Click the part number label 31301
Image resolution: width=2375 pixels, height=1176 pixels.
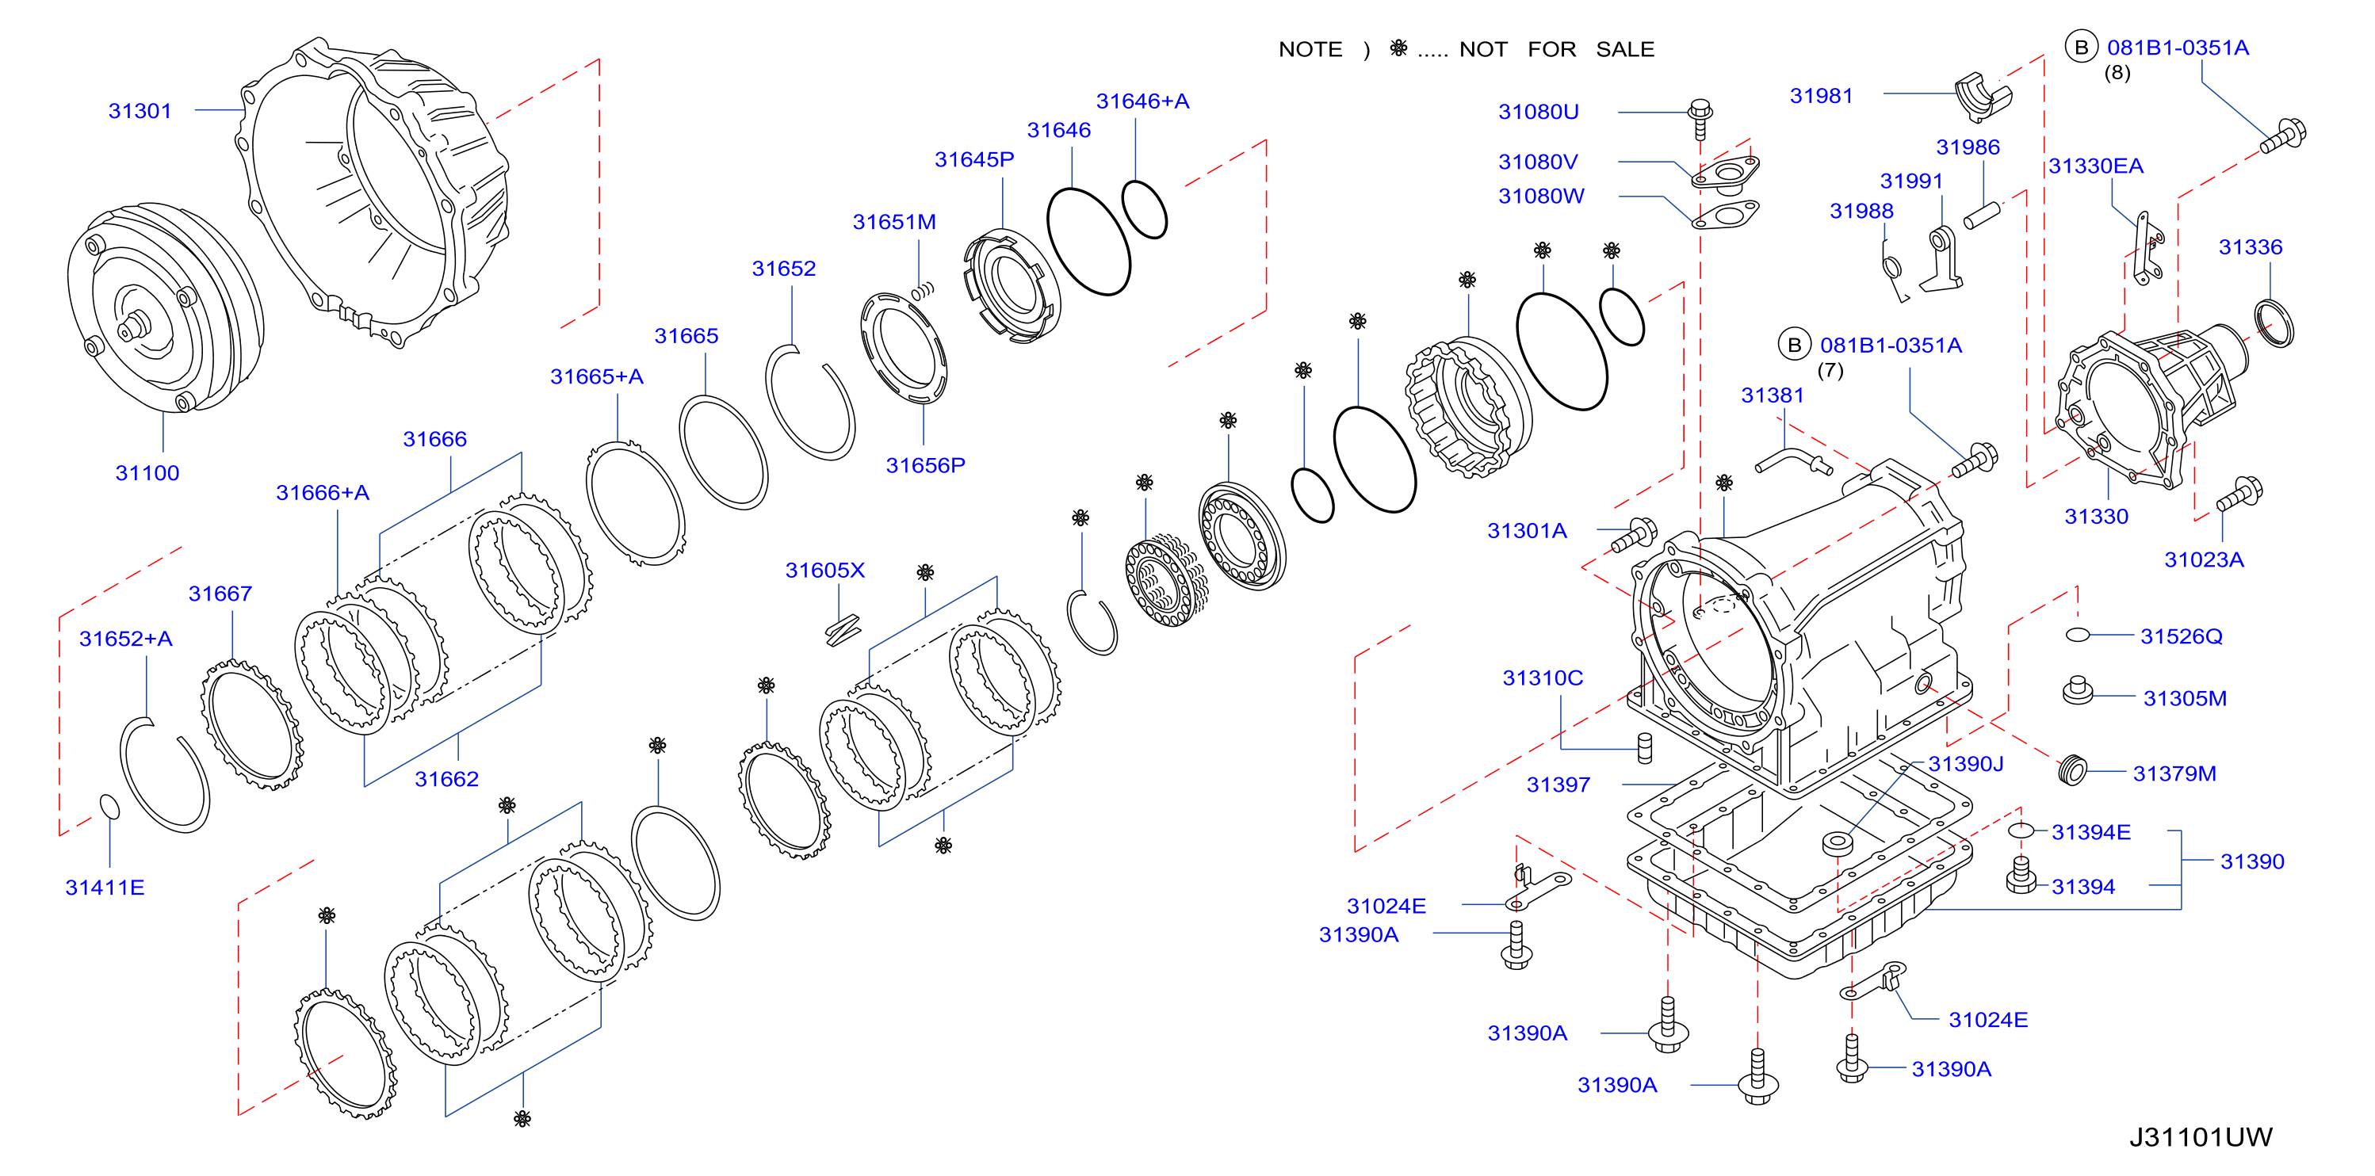pyautogui.click(x=140, y=111)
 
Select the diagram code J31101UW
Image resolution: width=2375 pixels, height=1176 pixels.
pyautogui.click(x=2201, y=1136)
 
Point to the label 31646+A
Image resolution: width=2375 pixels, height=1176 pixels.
pyautogui.click(x=1142, y=101)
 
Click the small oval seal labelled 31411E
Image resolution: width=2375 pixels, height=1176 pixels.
pyautogui.click(x=109, y=807)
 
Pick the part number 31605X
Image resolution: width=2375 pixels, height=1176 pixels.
pyautogui.click(x=825, y=571)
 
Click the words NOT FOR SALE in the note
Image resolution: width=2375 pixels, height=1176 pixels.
pyautogui.click(x=1556, y=50)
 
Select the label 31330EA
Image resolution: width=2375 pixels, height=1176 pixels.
pyautogui.click(x=2096, y=166)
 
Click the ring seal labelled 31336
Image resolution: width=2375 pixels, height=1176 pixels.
pyautogui.click(x=2274, y=323)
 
